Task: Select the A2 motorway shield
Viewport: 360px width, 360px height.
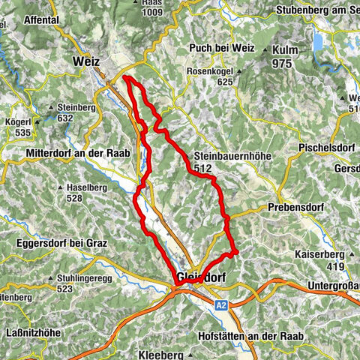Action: tap(220, 305)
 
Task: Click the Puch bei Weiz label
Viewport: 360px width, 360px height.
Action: tap(218, 46)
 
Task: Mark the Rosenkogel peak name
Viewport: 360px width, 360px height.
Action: tap(211, 72)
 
